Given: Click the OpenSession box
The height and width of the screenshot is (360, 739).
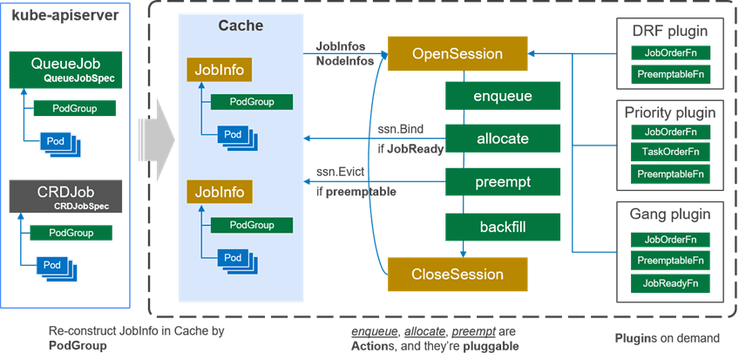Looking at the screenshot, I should point(458,54).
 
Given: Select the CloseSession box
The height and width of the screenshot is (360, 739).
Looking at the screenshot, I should point(458,275).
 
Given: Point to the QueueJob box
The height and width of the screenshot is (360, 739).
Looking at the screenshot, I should point(64,69).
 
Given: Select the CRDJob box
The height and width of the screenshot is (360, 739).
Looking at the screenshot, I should point(64,197).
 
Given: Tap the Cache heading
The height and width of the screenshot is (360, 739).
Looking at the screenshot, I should point(240,26).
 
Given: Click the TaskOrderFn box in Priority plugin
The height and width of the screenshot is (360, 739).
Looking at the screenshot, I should point(670,153).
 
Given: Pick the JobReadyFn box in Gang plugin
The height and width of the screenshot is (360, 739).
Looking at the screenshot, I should point(670,283).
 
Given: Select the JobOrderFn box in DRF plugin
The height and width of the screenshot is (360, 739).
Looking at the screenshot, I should point(670,53).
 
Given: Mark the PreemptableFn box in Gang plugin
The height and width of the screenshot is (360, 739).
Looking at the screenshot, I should point(670,261).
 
